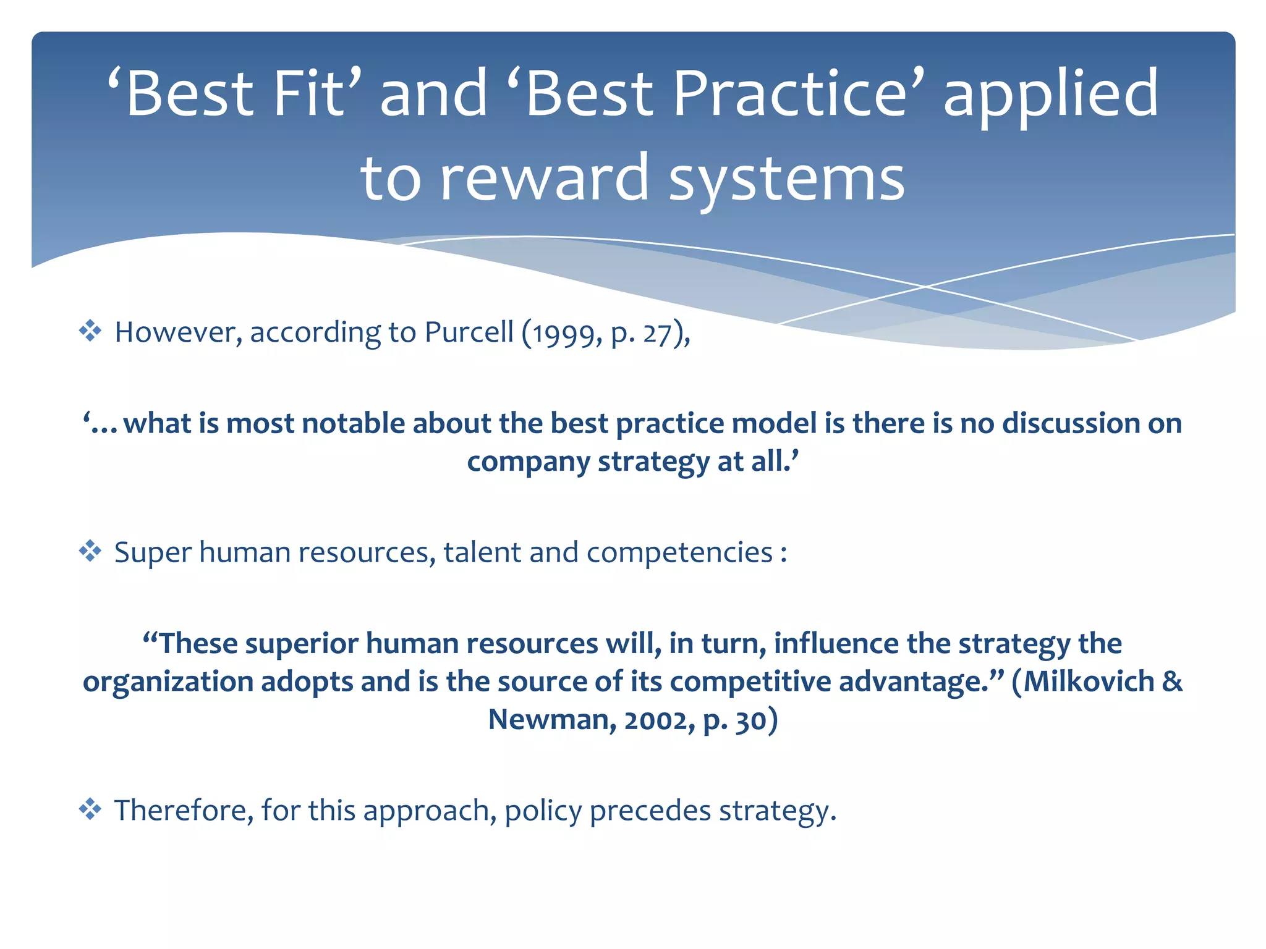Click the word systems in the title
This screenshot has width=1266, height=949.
pyautogui.click(x=787, y=179)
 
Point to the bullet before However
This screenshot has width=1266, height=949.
pyautogui.click(x=90, y=331)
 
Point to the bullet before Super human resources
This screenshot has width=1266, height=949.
pyautogui.click(x=90, y=550)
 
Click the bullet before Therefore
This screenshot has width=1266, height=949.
pyautogui.click(x=90, y=809)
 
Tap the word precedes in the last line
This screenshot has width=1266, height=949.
pyautogui.click(x=650, y=811)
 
